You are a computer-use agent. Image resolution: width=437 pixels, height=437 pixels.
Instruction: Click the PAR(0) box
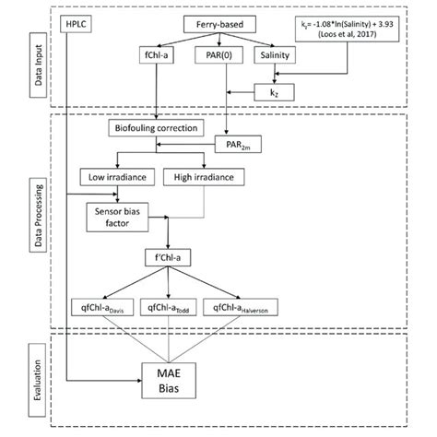[x=218, y=56]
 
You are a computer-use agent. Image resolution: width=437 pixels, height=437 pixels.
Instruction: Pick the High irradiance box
[x=208, y=175]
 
